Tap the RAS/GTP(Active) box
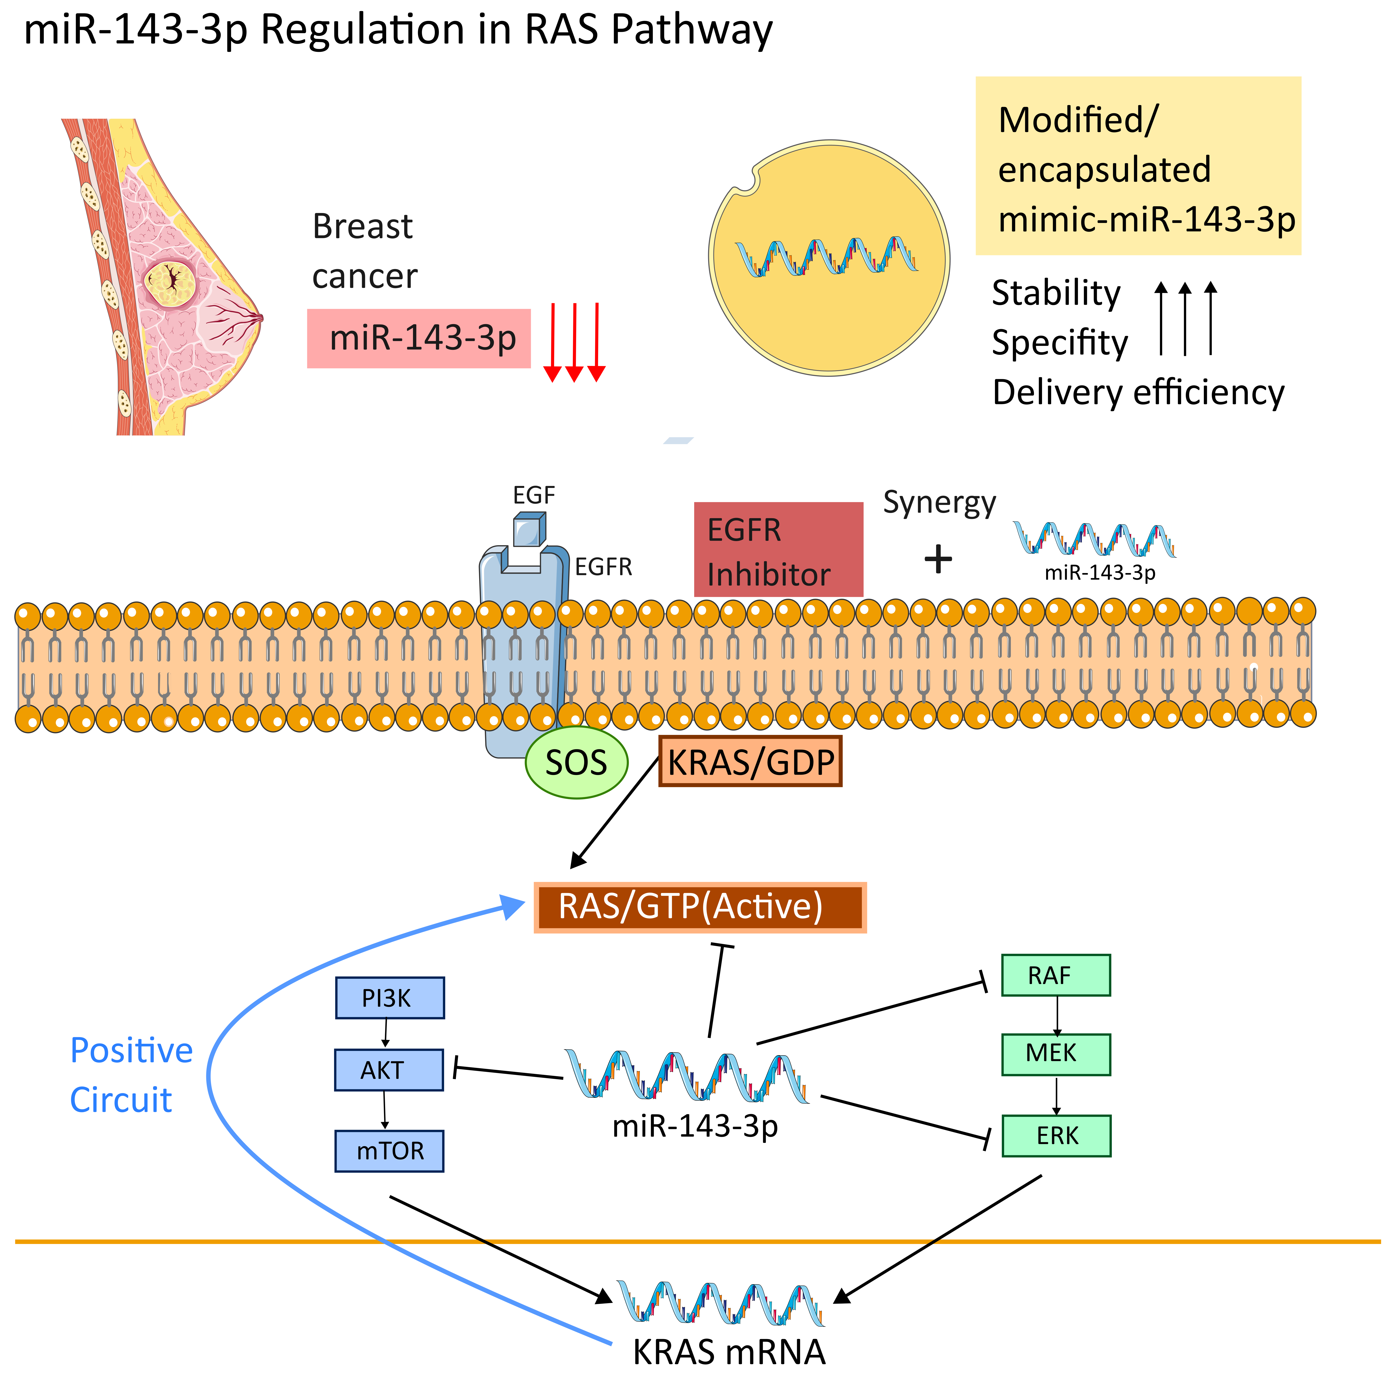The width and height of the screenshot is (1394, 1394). pyautogui.click(x=700, y=907)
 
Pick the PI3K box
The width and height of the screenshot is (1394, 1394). pyautogui.click(x=390, y=998)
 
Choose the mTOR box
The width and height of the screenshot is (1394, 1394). pyautogui.click(x=390, y=1151)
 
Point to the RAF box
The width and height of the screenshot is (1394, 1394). pyautogui.click(x=1056, y=976)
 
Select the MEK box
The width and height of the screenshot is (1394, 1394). pyautogui.click(x=1056, y=1054)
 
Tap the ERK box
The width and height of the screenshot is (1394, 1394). pyautogui.click(x=1056, y=1136)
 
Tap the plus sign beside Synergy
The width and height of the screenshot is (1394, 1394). pyautogui.click(x=938, y=559)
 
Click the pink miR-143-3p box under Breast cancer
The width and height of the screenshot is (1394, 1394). pyautogui.click(x=418, y=338)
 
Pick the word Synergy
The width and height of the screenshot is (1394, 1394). pyautogui.click(x=939, y=503)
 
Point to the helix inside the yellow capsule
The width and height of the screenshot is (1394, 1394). pyautogui.click(x=826, y=257)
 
